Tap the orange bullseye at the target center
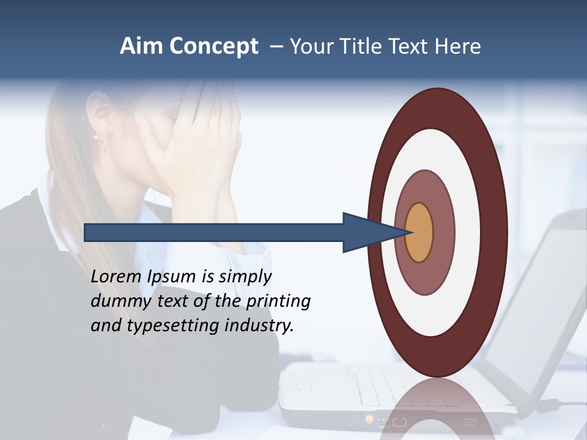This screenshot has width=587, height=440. pos(419,232)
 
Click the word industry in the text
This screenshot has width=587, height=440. pos(259,326)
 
